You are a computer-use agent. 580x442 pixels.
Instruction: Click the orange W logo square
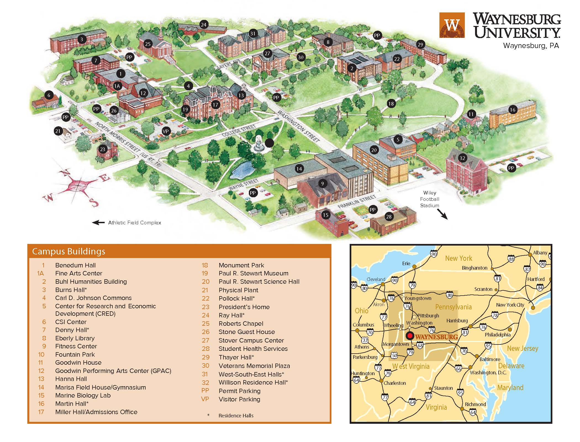[452, 25]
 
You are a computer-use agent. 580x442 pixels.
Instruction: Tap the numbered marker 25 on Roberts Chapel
[148, 44]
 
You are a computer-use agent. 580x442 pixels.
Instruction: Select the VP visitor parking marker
[166, 131]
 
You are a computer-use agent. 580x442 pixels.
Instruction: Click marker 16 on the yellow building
[513, 110]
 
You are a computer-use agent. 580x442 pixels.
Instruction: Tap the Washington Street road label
[299, 126]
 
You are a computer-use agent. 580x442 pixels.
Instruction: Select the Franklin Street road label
[357, 202]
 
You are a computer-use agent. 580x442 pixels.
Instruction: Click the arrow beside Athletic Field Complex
[98, 223]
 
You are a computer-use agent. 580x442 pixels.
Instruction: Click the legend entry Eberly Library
[75, 338]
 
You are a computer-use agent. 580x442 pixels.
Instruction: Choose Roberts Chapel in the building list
[241, 323]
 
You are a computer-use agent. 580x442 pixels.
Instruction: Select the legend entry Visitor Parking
[239, 399]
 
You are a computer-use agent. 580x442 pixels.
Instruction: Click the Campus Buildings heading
[68, 251]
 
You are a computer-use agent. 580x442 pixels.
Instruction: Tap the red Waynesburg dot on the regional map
[410, 336]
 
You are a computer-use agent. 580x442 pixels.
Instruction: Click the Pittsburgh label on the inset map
[428, 315]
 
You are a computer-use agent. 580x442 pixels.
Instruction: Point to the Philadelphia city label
[498, 335]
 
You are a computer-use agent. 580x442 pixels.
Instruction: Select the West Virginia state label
[411, 366]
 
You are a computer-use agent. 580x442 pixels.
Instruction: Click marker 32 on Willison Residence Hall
[462, 158]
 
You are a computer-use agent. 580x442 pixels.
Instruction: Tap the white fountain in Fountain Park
[258, 143]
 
